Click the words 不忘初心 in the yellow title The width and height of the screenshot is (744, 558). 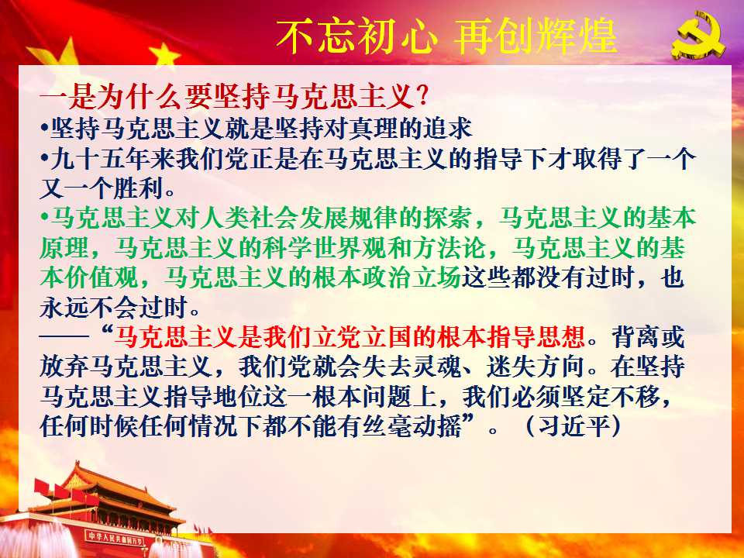point(356,36)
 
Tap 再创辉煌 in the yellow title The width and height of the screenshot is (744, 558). point(536,36)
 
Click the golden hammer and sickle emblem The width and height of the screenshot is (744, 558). point(697,36)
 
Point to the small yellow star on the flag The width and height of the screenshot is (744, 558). point(164,53)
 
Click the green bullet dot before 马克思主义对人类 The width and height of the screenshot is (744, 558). point(44,218)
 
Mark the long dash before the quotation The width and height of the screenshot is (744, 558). point(64,337)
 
